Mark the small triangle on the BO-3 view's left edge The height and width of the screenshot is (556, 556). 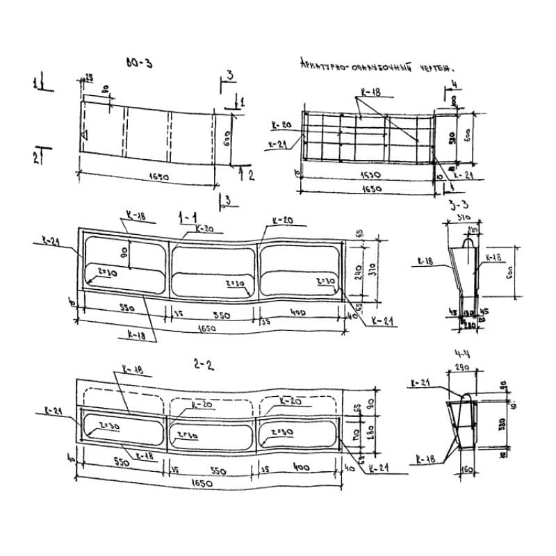(83, 134)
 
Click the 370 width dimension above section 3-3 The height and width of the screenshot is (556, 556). (461, 218)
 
